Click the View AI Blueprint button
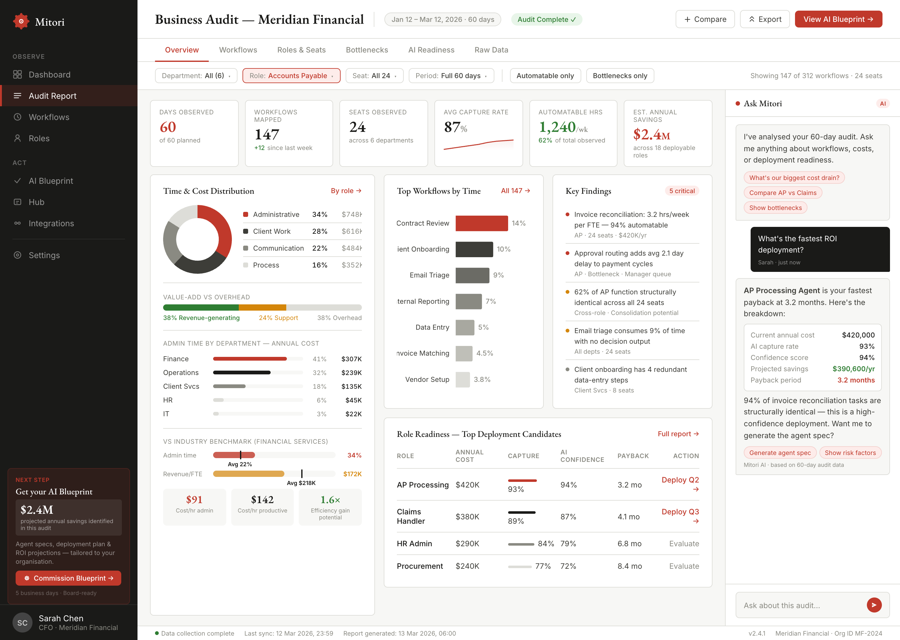[838, 19]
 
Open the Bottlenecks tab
[367, 50]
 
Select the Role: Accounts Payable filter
[291, 76]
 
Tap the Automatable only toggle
[545, 76]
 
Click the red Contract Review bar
[482, 223]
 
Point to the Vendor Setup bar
[462, 379]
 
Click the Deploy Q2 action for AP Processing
[680, 484]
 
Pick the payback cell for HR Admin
[629, 543]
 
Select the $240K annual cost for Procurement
[467, 566]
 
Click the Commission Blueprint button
[68, 578]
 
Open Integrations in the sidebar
[51, 223]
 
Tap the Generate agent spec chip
[780, 453]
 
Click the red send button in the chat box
[874, 605]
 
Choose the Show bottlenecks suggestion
[775, 208]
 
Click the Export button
[764, 19]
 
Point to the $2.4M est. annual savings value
[651, 135]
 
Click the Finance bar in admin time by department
[250, 359]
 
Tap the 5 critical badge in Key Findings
[682, 191]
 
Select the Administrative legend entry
[276, 214]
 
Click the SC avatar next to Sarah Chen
[22, 623]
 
